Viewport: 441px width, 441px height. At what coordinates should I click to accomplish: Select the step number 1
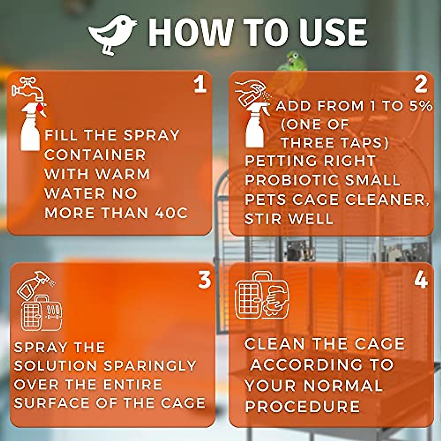(x=200, y=85)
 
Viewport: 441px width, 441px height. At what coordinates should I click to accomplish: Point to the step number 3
(x=204, y=280)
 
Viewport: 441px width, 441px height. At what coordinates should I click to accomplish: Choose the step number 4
(x=421, y=280)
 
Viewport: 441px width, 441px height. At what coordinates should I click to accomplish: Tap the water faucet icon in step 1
(x=28, y=88)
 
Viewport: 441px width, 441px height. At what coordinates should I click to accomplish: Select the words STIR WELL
(x=289, y=219)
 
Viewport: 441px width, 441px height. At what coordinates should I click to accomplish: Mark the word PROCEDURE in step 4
(x=302, y=406)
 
